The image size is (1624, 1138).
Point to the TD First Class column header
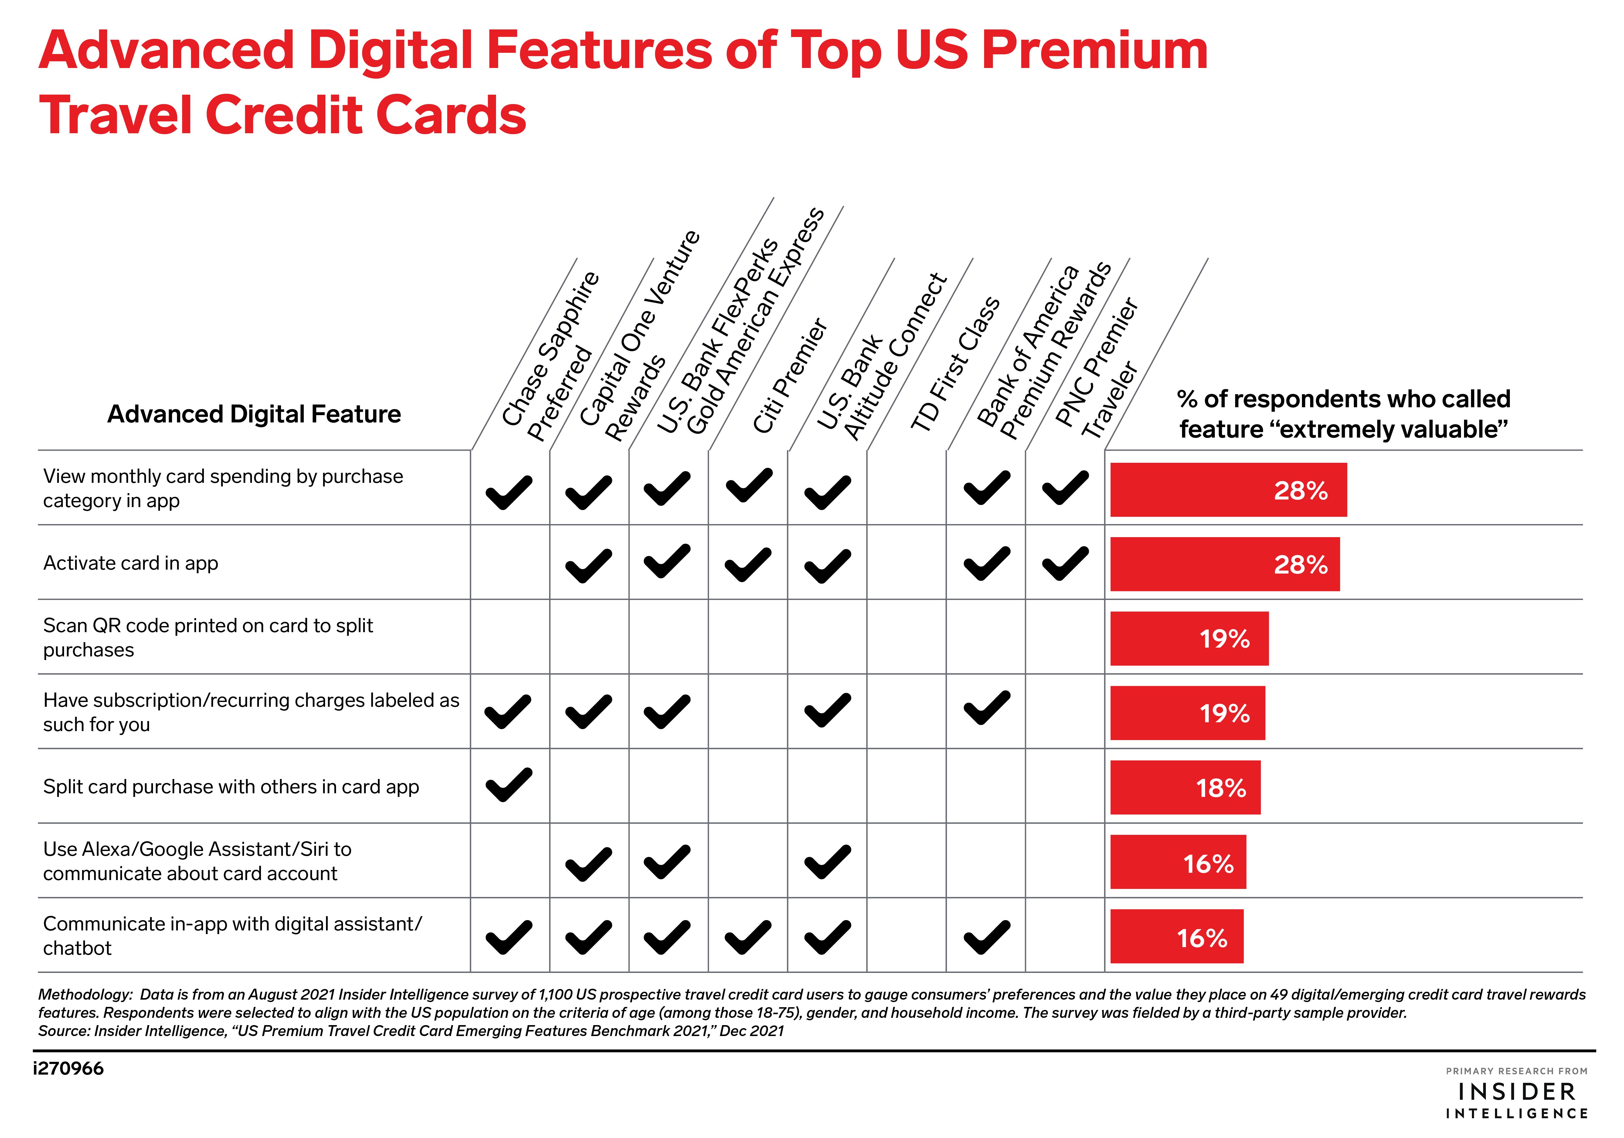point(955,364)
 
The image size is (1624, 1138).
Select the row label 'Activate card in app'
point(131,563)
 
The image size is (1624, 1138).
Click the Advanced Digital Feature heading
point(254,414)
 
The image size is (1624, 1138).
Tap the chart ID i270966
point(69,1068)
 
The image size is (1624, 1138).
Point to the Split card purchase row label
point(231,787)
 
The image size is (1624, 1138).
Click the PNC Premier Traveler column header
point(1096,368)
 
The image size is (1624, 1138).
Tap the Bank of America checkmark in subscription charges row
point(987,708)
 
